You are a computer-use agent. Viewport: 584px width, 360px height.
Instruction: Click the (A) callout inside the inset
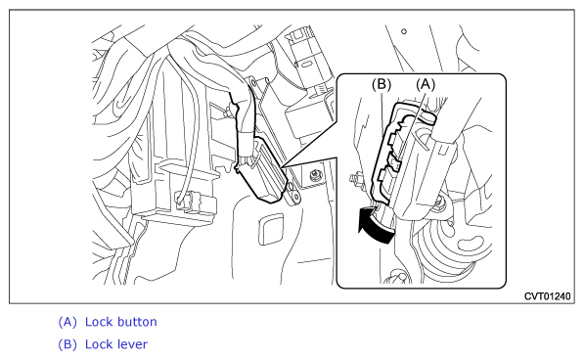click(426, 84)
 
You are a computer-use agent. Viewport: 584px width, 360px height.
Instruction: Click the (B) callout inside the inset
click(382, 84)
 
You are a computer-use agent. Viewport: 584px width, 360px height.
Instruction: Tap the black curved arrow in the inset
click(376, 226)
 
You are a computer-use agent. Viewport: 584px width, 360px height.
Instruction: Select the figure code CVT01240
click(547, 296)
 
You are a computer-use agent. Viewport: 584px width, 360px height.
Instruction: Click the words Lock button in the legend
click(121, 322)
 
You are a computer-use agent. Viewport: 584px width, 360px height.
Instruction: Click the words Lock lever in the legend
click(116, 344)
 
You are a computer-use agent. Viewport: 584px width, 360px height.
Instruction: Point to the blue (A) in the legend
click(67, 322)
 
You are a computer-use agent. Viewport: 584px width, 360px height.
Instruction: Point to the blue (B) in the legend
click(67, 344)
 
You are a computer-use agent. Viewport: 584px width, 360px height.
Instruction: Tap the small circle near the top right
click(404, 31)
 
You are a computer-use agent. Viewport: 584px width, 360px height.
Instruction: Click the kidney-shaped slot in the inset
click(471, 244)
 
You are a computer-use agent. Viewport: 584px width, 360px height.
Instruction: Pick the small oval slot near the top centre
click(305, 65)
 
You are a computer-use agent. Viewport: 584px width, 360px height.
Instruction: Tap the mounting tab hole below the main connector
click(295, 195)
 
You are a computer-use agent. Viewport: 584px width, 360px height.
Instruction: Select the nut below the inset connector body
click(441, 202)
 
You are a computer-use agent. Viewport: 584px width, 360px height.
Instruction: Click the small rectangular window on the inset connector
click(442, 151)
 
